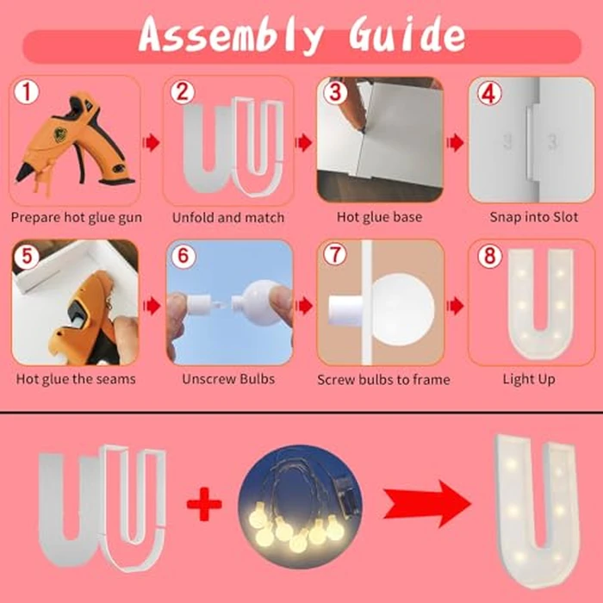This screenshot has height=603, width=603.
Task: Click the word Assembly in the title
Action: point(231,34)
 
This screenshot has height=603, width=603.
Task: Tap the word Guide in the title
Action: point(407,33)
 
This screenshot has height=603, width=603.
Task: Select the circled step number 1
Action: point(26,92)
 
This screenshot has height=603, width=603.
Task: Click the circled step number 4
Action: point(489,93)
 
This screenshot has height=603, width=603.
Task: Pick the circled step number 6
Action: point(183,255)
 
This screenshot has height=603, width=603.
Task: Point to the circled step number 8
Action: point(489,255)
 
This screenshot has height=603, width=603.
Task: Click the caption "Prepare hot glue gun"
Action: point(76,218)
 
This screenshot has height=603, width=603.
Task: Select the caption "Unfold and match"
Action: point(228,218)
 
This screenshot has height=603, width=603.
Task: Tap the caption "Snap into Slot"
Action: point(534,217)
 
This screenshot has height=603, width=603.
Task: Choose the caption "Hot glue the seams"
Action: point(76,380)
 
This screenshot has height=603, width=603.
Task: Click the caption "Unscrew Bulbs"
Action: point(228,379)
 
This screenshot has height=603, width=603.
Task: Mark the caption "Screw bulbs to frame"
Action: point(383,380)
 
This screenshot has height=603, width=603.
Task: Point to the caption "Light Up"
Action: point(529,380)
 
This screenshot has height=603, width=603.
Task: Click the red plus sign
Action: point(204,504)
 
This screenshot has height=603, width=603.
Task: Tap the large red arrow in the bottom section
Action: point(427,503)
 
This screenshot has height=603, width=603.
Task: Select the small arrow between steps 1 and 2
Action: point(151,143)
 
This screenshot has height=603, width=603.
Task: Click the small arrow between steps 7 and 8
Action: point(456,306)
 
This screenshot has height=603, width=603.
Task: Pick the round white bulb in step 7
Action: point(402,309)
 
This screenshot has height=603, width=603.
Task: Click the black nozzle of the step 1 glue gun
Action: point(25,172)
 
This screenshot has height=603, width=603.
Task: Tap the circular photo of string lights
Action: point(300,507)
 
